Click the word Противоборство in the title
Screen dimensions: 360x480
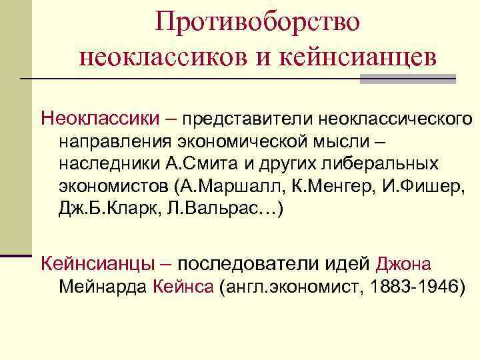[x=257, y=21]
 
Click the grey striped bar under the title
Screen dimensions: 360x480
[x=407, y=79]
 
